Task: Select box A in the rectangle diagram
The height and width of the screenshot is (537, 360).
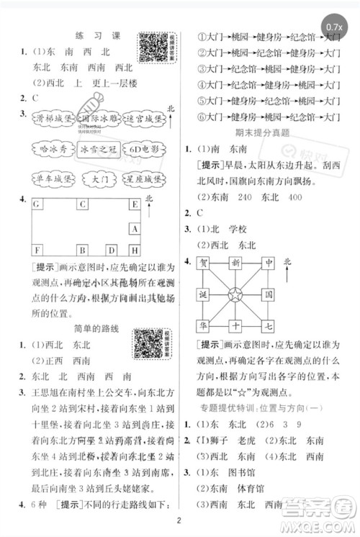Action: pos(134,228)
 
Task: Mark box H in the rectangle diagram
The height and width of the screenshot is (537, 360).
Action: pos(134,250)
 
